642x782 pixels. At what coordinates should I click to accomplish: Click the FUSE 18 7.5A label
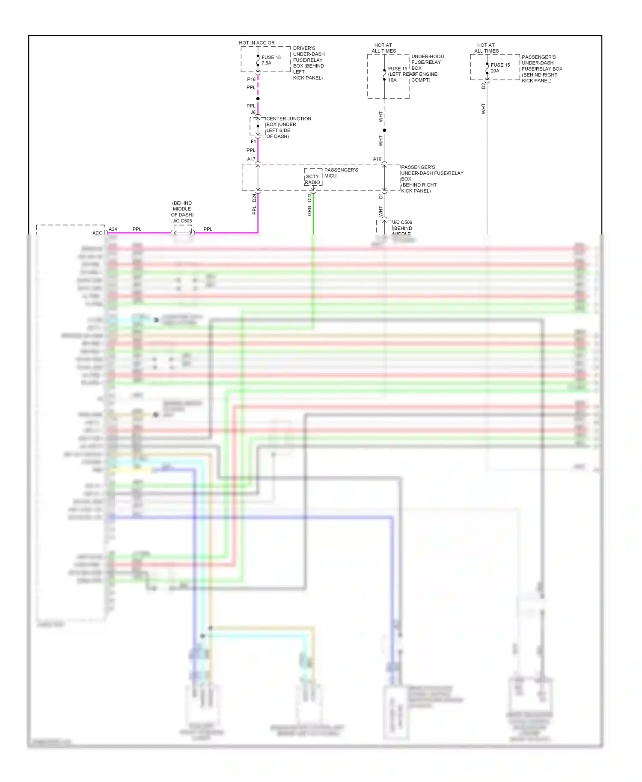[270, 60]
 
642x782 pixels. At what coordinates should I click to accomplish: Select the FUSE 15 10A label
[397, 74]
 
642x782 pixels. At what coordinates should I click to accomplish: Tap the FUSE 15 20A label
[500, 68]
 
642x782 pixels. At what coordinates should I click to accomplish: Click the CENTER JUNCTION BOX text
[288, 127]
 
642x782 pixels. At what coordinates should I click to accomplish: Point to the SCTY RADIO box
[312, 179]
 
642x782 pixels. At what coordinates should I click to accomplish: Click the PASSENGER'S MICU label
[341, 172]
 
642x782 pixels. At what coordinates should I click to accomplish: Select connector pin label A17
[251, 159]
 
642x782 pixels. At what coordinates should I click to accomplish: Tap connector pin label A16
[377, 159]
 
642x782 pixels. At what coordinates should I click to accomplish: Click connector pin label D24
[254, 198]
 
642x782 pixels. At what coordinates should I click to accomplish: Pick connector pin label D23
[309, 198]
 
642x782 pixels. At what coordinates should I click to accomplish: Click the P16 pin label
[251, 79]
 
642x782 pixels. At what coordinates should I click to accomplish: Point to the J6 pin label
[253, 112]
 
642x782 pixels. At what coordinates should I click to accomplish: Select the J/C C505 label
[182, 221]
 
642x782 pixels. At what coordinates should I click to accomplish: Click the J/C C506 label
[403, 222]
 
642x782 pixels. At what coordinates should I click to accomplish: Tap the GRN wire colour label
[309, 210]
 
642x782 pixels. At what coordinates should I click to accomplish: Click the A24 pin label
[113, 229]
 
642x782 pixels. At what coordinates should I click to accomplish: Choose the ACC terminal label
[97, 233]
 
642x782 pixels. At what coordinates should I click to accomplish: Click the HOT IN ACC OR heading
[256, 43]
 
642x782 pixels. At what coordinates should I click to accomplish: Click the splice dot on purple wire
[258, 98]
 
